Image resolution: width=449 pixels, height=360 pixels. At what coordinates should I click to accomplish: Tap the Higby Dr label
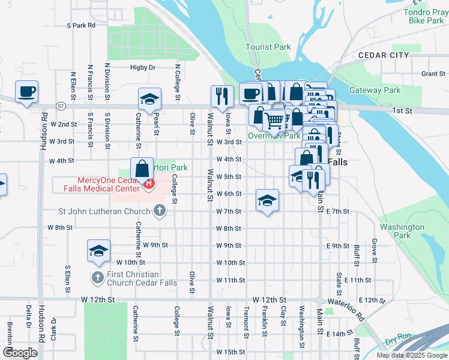(143, 68)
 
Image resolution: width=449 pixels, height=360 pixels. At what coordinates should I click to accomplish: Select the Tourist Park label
(268, 47)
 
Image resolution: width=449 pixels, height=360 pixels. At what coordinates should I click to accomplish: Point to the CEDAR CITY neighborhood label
(384, 55)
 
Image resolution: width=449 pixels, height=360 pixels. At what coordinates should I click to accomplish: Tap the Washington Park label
(402, 231)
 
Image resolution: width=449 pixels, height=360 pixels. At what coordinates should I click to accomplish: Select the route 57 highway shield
(61, 106)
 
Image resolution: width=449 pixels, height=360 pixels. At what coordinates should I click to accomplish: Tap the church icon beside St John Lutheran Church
(159, 211)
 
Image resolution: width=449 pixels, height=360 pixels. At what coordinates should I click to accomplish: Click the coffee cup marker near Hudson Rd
(27, 92)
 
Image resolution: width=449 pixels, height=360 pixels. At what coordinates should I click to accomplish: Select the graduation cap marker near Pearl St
(149, 98)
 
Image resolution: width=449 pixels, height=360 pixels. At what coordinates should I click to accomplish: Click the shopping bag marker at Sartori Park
(142, 169)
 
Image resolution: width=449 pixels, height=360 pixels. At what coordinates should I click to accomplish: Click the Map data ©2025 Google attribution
(411, 355)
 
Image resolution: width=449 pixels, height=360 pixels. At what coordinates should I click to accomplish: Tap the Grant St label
(432, 74)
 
